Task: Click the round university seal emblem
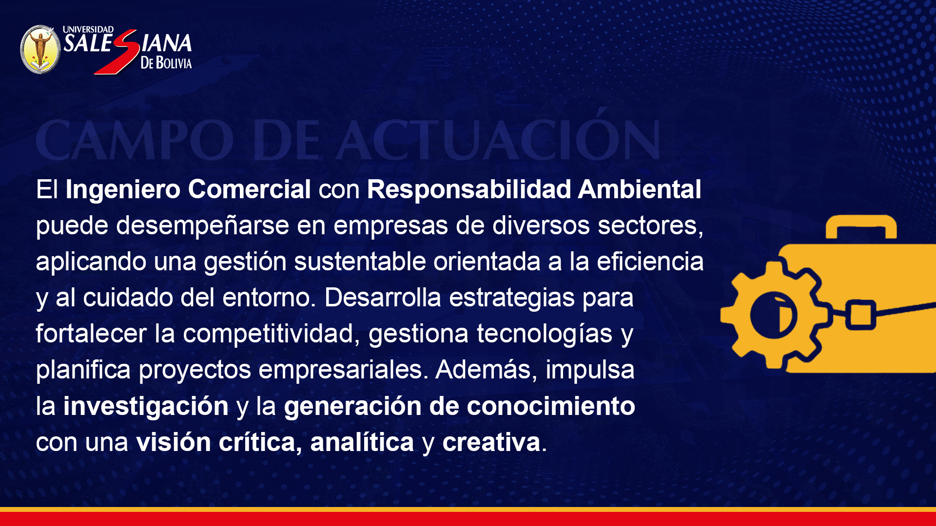coord(40,49)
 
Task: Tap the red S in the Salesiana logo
coord(117,52)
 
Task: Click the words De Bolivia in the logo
coord(166,62)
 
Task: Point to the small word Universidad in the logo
coord(88,30)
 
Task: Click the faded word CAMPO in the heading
coord(135,141)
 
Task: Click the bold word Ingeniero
coord(123,190)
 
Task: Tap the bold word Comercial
coord(250,189)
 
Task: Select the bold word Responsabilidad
coord(469,190)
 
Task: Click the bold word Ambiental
coord(640,189)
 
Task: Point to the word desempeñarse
coord(203,226)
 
